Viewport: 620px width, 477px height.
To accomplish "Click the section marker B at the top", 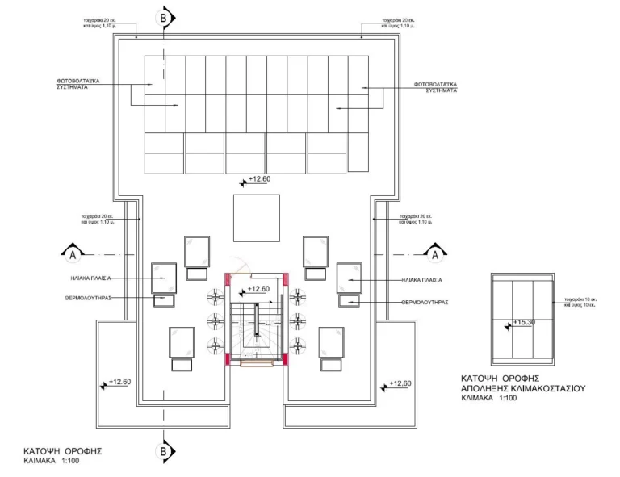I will tap(165, 16).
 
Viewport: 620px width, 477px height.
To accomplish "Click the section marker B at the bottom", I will tap(164, 451).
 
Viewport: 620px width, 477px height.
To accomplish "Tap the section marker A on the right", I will tap(435, 254).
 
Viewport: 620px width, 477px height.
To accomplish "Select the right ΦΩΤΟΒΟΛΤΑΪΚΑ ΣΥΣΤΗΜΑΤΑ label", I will tap(436, 87).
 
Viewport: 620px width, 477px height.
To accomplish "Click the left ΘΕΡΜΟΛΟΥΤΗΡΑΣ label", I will tap(84, 297).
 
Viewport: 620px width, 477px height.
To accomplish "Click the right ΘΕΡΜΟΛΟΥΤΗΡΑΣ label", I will tap(425, 302).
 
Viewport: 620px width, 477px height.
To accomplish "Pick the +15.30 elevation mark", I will tap(522, 323).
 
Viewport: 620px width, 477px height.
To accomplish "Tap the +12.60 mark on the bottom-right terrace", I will tap(398, 383).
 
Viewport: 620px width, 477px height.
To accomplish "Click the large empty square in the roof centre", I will tap(257, 217).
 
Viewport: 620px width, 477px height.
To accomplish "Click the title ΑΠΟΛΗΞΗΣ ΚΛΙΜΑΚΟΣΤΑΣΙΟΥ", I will tap(522, 388).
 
